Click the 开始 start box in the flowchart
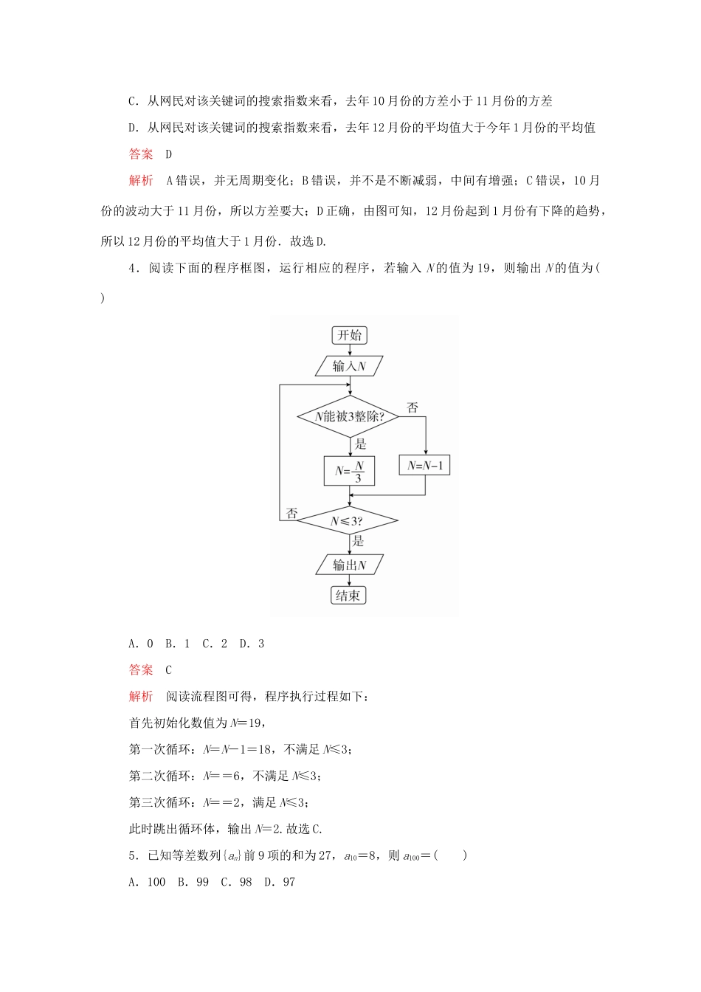click(349, 335)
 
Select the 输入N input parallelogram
click(349, 366)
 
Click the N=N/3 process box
click(349, 471)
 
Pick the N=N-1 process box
click(425, 466)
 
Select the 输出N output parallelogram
click(349, 565)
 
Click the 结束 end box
click(349, 596)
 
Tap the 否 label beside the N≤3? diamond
click(291, 514)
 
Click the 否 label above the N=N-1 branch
click(412, 407)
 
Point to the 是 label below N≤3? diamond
click(359, 541)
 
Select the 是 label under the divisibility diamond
click(360, 444)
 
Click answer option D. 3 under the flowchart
click(252, 644)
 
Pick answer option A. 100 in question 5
click(147, 882)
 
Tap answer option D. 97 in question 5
click(280, 882)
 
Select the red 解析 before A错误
click(141, 181)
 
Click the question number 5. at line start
click(133, 855)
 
